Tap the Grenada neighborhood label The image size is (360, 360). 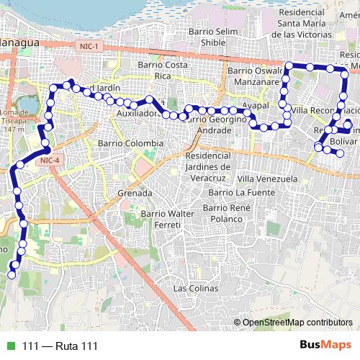[134, 193]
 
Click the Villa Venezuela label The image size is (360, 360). [267, 178]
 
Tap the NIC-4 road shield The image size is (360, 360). [50, 160]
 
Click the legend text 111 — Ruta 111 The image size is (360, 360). [59, 346]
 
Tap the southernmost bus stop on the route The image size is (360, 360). [12, 274]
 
